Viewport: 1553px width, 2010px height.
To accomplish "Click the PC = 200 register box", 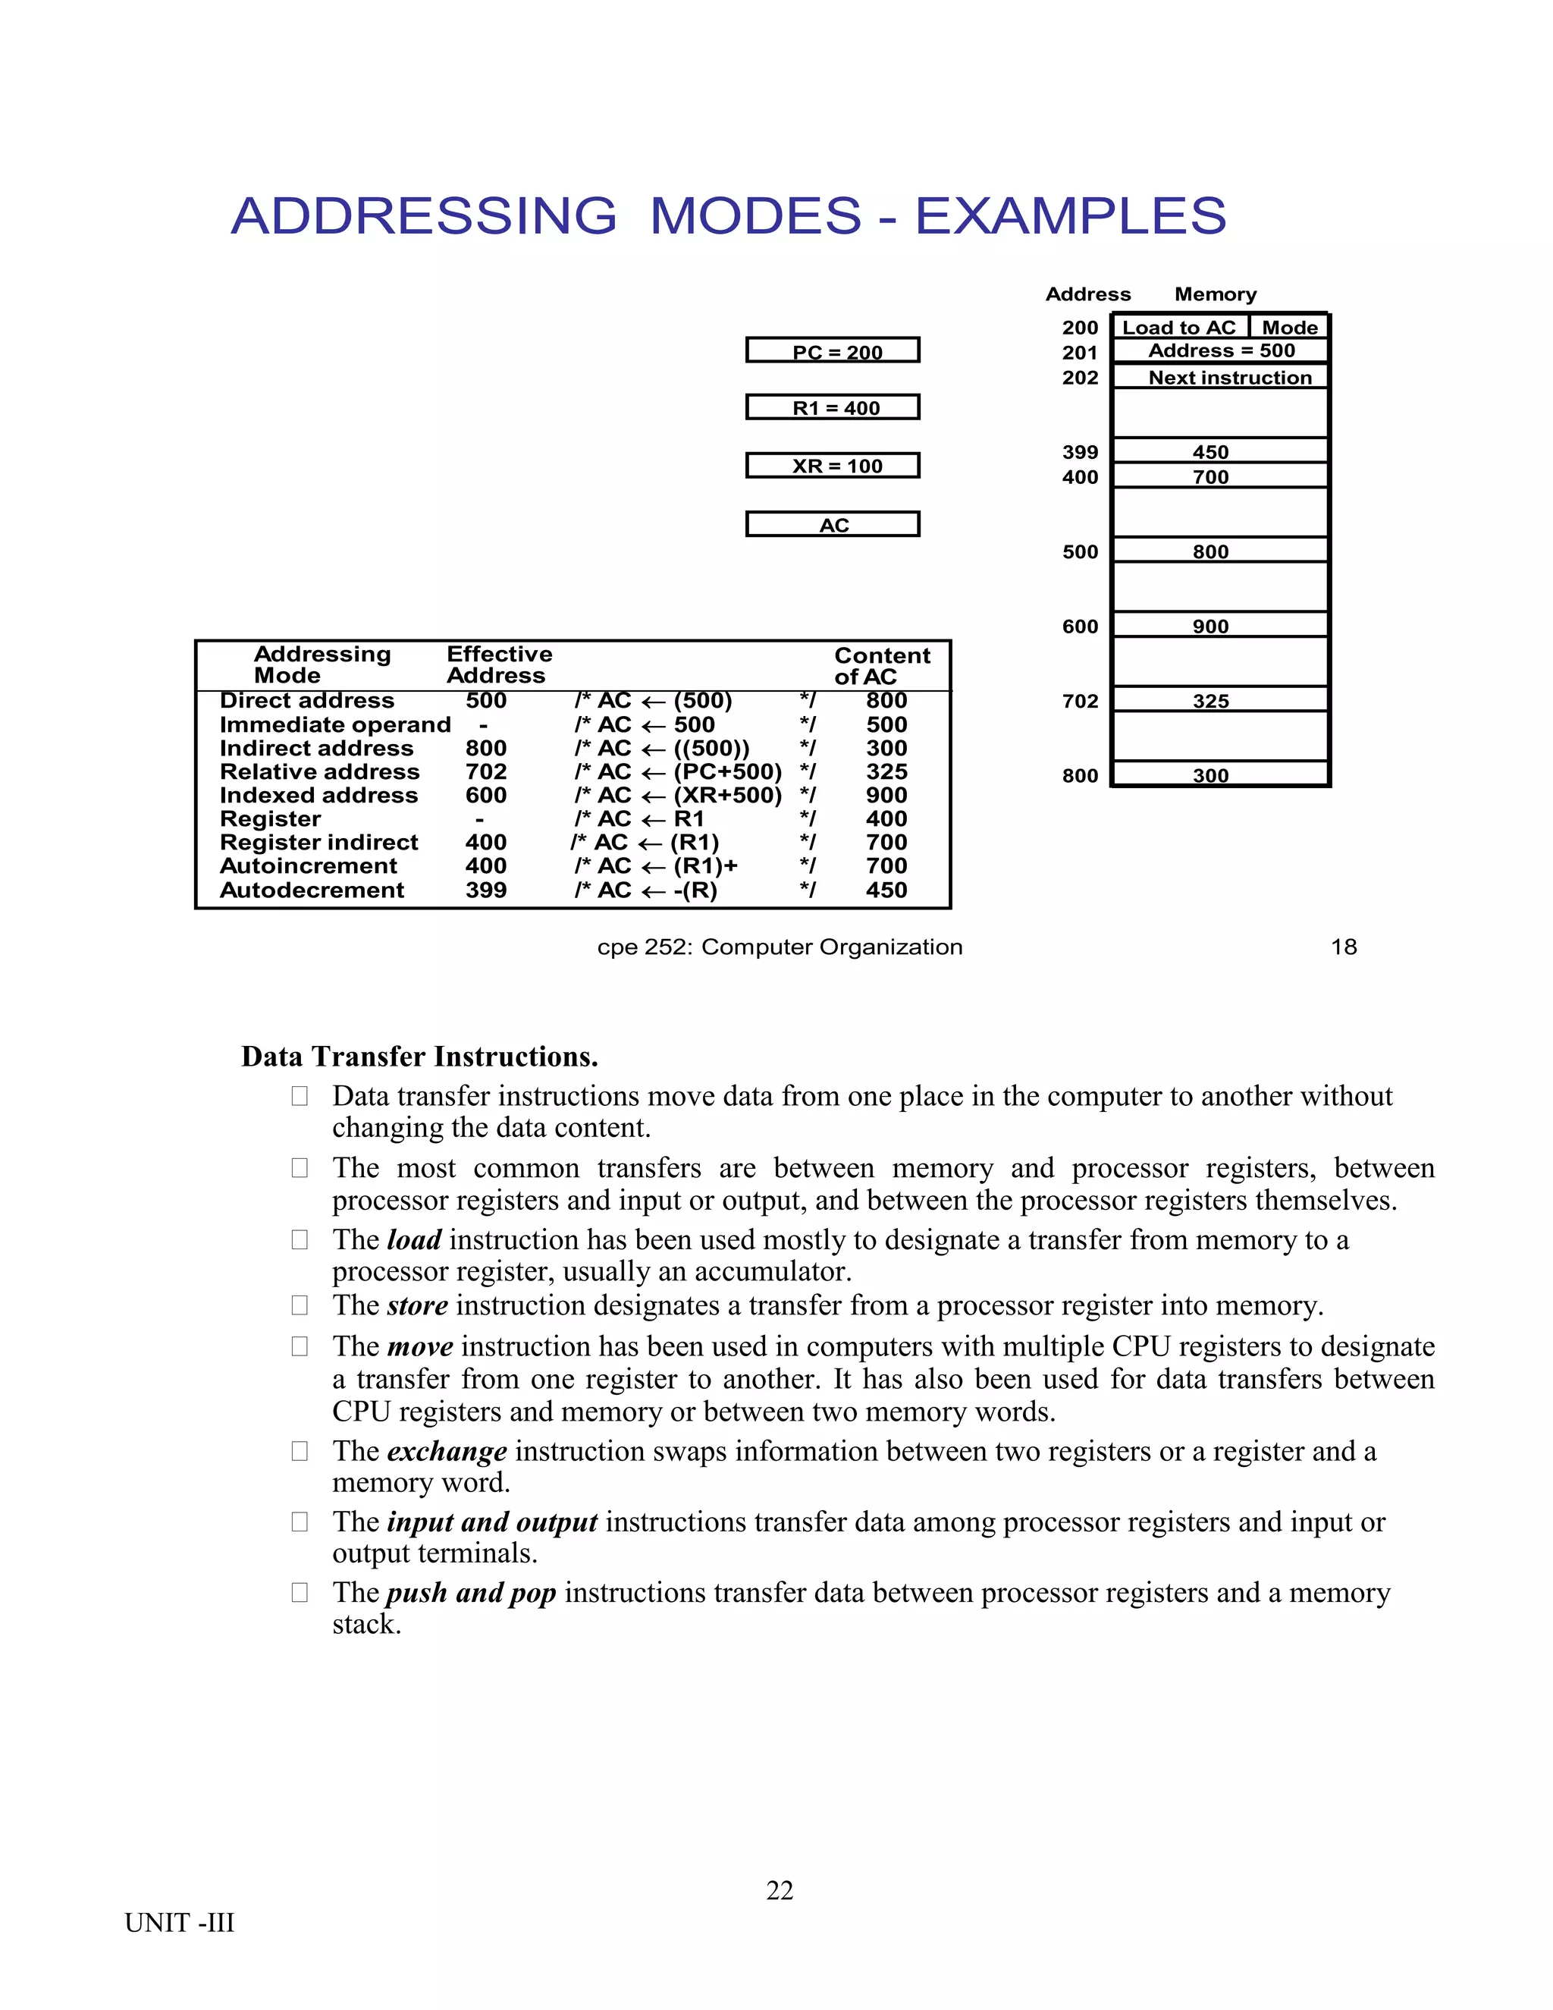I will [833, 350].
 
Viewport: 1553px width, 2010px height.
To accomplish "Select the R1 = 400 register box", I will [833, 408].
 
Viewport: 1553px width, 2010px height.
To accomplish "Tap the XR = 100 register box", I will [833, 466].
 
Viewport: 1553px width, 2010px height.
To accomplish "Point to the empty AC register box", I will [833, 525].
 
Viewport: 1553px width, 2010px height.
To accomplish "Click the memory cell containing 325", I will [1219, 699].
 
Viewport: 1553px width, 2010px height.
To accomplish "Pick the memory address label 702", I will [1080, 702].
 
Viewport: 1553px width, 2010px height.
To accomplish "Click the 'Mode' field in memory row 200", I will [1289, 328].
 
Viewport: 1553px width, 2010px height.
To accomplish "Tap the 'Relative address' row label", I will [319, 771].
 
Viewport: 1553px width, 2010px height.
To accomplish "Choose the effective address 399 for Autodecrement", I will [486, 890].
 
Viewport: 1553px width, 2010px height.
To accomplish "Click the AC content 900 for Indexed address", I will [886, 795].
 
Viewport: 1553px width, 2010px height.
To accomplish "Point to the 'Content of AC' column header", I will [881, 666].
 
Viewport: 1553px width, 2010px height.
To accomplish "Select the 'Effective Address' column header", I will [499, 664].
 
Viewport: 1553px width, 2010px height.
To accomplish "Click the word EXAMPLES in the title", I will [1070, 216].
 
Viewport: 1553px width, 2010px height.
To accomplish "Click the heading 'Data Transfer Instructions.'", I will [419, 1057].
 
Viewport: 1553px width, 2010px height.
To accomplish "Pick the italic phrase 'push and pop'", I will [470, 1592].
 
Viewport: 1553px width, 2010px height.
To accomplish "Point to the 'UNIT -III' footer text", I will [180, 1923].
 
